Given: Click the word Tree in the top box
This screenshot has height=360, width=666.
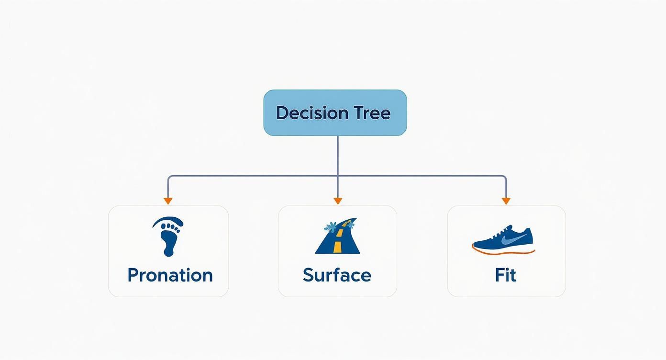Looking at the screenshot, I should pyautogui.click(x=372, y=113).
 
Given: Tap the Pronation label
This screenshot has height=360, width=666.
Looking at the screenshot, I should pyautogui.click(x=170, y=275).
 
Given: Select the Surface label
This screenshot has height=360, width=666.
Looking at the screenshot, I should pyautogui.click(x=337, y=275).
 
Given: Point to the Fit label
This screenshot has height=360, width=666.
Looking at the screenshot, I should pyautogui.click(x=506, y=275).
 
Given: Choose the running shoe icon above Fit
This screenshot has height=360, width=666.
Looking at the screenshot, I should pyautogui.click(x=503, y=239).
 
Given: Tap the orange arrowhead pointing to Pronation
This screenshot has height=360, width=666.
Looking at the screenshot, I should pyautogui.click(x=168, y=201).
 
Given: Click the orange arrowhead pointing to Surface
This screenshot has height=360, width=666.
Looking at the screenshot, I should pyautogui.click(x=337, y=201).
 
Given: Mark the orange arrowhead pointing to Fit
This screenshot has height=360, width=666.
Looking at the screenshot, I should pyautogui.click(x=506, y=201).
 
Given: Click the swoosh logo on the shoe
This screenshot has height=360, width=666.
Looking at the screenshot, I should pyautogui.click(x=510, y=236).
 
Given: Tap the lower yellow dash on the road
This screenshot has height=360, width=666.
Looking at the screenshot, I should pyautogui.click(x=337, y=247).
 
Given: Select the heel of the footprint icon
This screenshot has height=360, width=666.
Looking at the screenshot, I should pyautogui.click(x=168, y=250).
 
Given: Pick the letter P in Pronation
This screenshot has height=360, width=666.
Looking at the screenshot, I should pyautogui.click(x=133, y=275).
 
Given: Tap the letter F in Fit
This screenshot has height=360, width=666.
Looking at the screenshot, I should pyautogui.click(x=499, y=275).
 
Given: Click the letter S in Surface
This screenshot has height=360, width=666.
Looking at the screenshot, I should pyautogui.click(x=309, y=275).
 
